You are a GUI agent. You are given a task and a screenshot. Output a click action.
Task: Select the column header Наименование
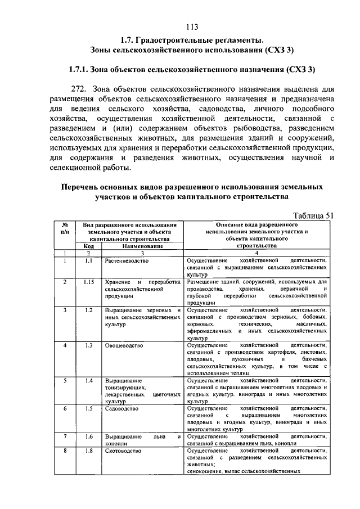point(143,246)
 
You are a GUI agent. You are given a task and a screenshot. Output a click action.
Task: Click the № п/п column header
point(65,228)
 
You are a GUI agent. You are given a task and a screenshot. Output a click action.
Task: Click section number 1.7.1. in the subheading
point(83,70)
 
